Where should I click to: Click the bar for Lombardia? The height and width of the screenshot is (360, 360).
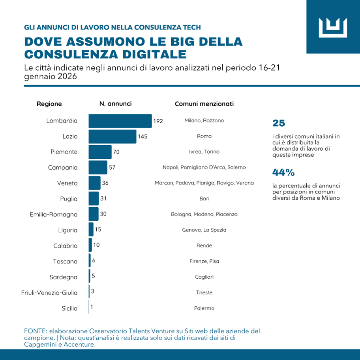tap(120, 121)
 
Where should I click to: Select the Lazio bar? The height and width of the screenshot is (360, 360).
tap(112, 137)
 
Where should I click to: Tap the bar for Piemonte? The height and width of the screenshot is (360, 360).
tap(100, 152)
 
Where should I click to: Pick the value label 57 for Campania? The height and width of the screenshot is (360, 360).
tap(112, 167)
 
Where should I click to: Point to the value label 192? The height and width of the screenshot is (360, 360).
tap(158, 121)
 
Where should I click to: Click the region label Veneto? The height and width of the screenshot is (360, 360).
tap(67, 183)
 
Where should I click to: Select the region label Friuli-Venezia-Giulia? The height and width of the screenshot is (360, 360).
tap(49, 293)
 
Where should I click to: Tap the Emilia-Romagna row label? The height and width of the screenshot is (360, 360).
tap(54, 214)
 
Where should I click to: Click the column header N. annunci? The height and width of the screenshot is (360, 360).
tap(115, 104)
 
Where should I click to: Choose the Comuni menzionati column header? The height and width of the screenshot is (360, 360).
tap(204, 104)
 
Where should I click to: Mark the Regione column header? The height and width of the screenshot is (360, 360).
tap(49, 104)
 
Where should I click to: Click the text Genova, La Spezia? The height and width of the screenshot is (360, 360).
tap(204, 230)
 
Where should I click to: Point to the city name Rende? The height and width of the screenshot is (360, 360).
tap(204, 246)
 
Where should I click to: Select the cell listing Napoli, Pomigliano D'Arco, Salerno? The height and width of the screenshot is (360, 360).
tap(204, 167)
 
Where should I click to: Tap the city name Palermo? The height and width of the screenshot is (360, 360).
tap(204, 308)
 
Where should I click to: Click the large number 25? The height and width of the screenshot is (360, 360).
tap(279, 123)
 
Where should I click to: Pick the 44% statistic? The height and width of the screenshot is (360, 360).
tap(283, 172)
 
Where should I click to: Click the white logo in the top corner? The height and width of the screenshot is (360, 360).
tap(333, 26)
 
